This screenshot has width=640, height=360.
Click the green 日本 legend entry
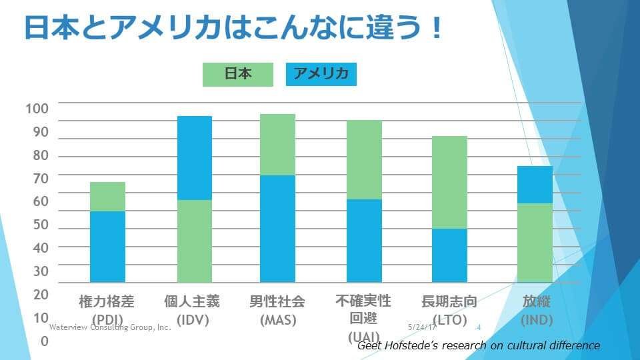tap(238, 75)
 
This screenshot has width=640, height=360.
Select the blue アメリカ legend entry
tap(321, 75)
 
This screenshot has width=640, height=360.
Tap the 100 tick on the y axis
tap(37, 109)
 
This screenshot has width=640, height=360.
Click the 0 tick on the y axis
tap(44, 341)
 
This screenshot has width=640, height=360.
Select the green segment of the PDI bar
tap(107, 197)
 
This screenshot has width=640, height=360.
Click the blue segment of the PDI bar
tap(107, 247)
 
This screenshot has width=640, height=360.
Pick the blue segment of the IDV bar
tap(194, 158)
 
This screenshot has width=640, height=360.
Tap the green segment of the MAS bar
tap(277, 145)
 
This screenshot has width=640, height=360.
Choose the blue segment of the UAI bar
tap(364, 241)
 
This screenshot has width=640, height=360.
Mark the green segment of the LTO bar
tap(449, 182)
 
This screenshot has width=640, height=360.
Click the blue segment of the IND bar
tap(535, 185)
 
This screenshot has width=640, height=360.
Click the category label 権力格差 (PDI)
tap(107, 310)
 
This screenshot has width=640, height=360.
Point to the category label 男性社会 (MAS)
tap(277, 310)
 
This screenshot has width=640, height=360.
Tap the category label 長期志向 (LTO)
tap(449, 310)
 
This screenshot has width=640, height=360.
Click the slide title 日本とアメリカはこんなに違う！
tap(233, 29)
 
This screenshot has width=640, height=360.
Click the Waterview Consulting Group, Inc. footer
tap(110, 328)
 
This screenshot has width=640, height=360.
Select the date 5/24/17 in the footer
tap(422, 328)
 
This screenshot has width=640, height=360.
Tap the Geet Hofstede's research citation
tap(479, 345)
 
